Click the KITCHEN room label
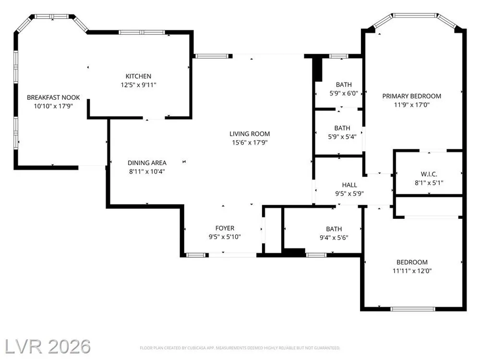click(138, 76)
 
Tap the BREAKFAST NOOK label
click(53, 97)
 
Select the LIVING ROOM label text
click(250, 134)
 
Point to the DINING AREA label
click(147, 163)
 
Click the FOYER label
click(225, 228)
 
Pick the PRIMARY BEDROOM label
click(412, 96)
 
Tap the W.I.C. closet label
click(429, 174)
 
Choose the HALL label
click(349, 185)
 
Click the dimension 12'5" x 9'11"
click(138, 85)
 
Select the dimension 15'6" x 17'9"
click(250, 143)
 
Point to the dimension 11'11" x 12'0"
click(412, 271)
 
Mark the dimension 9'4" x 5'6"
click(334, 238)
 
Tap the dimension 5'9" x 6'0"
click(344, 94)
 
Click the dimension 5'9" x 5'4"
click(342, 137)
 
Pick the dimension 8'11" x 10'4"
click(147, 171)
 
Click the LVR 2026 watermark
click(48, 347)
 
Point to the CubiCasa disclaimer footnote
click(240, 348)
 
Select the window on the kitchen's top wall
click(142, 32)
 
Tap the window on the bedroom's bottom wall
click(413, 309)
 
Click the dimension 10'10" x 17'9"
click(53, 106)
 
